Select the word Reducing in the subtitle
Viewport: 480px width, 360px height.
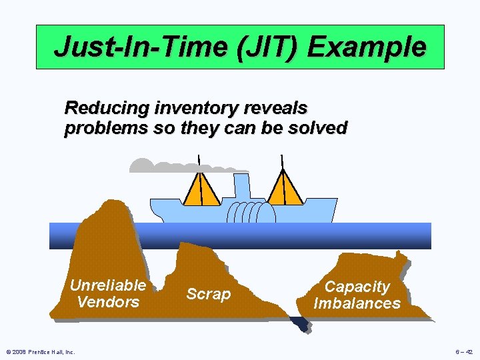106,107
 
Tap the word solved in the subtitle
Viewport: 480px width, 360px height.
317,128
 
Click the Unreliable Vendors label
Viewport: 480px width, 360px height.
108,293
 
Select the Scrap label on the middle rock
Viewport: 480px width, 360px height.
208,294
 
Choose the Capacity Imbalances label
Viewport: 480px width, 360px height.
357,295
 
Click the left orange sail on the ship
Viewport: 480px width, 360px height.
201,188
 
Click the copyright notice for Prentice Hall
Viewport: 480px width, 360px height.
40,352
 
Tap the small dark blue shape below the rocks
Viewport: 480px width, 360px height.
300,324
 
